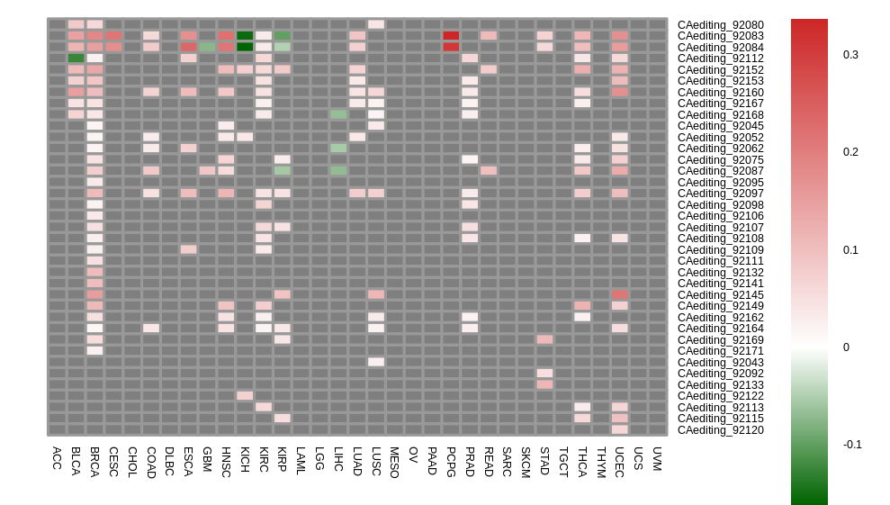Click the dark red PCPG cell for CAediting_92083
click(x=451, y=36)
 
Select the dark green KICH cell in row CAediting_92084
click(x=245, y=47)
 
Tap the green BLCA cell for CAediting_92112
click(x=76, y=59)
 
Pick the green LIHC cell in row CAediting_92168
click(x=338, y=114)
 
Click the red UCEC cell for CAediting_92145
click(x=620, y=294)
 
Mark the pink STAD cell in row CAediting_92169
click(x=544, y=339)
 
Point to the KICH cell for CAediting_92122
click(x=245, y=395)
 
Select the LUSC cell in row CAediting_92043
click(x=376, y=362)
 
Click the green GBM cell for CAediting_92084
click(x=207, y=47)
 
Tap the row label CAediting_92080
click(x=720, y=25)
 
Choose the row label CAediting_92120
click(x=720, y=429)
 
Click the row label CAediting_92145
click(x=720, y=294)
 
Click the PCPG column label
click(x=451, y=461)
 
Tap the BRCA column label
click(x=94, y=461)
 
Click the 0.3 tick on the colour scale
click(x=850, y=55)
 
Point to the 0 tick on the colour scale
click(x=847, y=347)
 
